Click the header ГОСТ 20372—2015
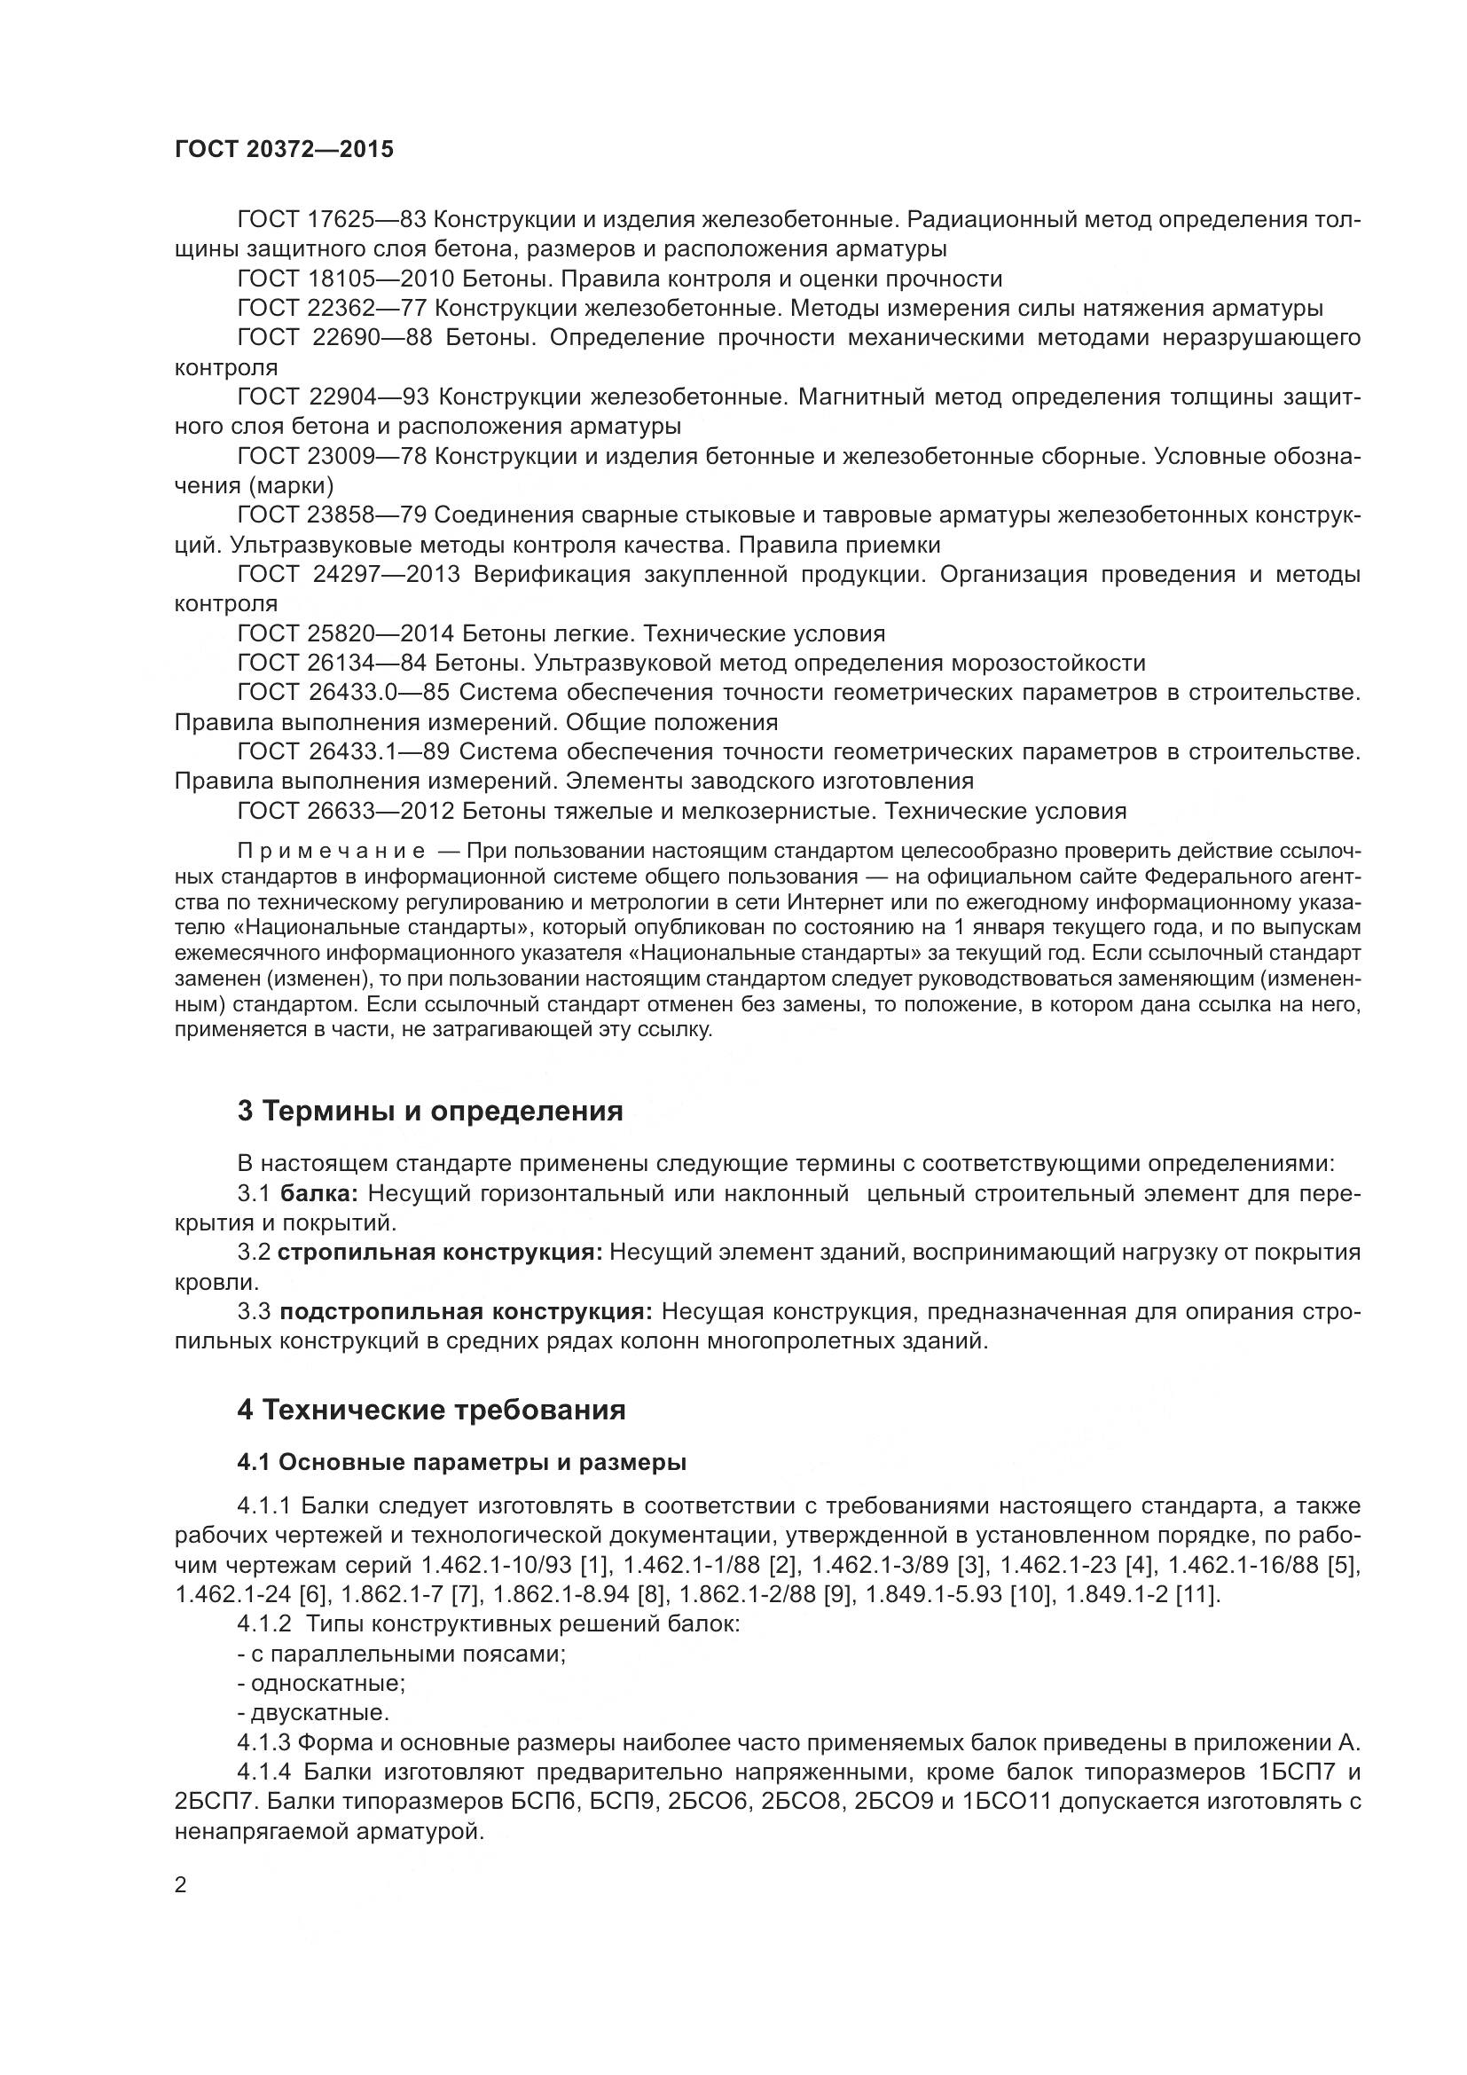[284, 149]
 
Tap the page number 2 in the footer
[181, 1885]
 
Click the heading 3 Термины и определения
[430, 1111]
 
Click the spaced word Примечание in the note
[331, 851]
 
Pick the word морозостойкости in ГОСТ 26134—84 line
[1047, 663]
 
